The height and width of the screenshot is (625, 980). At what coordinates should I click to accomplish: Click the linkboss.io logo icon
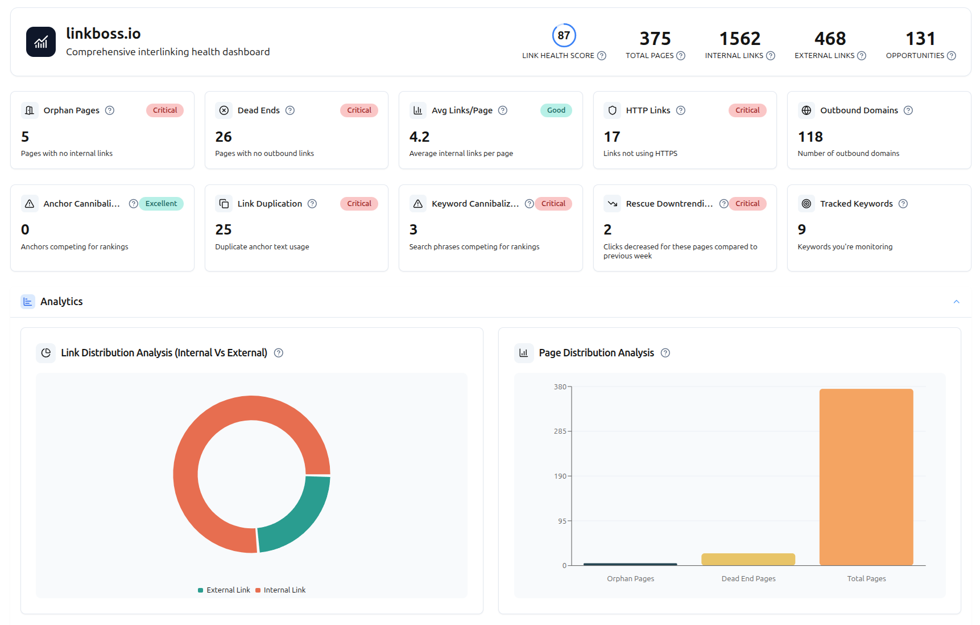[41, 42]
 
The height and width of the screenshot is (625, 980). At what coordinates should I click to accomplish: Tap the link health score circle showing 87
[564, 35]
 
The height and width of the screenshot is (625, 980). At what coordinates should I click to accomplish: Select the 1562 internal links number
[739, 39]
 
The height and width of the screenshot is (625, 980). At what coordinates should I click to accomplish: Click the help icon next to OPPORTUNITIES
[951, 56]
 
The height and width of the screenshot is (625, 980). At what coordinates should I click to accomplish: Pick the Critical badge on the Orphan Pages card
[165, 110]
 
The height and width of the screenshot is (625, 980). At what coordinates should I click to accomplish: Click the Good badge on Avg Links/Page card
[556, 110]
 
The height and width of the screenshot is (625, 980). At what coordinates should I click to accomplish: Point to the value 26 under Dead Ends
[224, 137]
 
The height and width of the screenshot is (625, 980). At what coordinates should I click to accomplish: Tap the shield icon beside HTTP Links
[613, 110]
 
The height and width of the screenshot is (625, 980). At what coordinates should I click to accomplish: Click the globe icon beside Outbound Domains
[807, 110]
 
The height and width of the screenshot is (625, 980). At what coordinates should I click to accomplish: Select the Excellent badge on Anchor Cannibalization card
[161, 204]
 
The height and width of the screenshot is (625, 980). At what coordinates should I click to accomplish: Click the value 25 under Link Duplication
[224, 230]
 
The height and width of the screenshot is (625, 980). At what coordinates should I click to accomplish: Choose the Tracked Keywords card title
[856, 204]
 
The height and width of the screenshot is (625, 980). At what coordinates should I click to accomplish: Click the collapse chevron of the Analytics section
[956, 302]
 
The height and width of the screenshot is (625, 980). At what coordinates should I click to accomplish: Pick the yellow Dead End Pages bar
[748, 559]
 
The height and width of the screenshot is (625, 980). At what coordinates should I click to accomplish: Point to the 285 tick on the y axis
[560, 431]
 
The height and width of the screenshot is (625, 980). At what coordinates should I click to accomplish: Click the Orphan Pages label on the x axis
[630, 579]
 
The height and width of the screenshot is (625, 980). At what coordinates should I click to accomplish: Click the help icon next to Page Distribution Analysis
[665, 353]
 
